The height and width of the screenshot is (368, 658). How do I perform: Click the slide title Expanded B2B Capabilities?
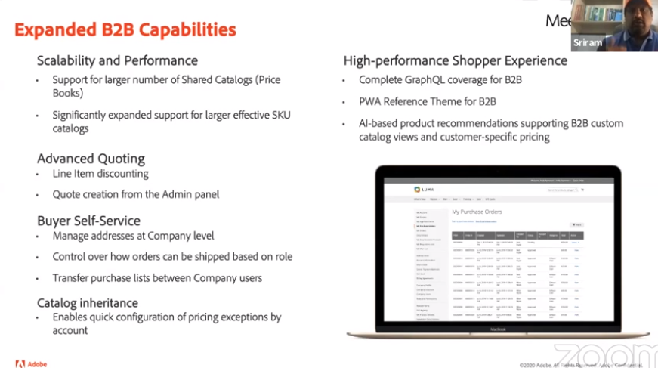[125, 29]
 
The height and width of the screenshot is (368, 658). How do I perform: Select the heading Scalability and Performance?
[117, 60]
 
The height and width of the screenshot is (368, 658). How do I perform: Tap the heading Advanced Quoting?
[91, 158]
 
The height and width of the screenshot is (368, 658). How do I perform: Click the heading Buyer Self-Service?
[88, 220]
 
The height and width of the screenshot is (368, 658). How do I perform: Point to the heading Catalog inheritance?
[88, 302]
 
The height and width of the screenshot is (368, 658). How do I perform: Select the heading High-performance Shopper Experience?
[455, 60]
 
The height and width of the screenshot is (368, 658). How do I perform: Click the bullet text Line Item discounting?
[100, 174]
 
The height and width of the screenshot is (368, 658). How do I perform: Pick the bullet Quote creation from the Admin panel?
[136, 194]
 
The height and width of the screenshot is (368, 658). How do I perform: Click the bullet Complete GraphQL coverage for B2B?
[440, 79]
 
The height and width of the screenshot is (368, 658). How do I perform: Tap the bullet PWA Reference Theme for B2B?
[428, 101]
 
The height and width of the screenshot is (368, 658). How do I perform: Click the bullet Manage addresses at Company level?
[133, 236]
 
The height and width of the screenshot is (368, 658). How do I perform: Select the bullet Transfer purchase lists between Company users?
[157, 277]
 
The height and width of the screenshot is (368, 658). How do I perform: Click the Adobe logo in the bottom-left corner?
[31, 363]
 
